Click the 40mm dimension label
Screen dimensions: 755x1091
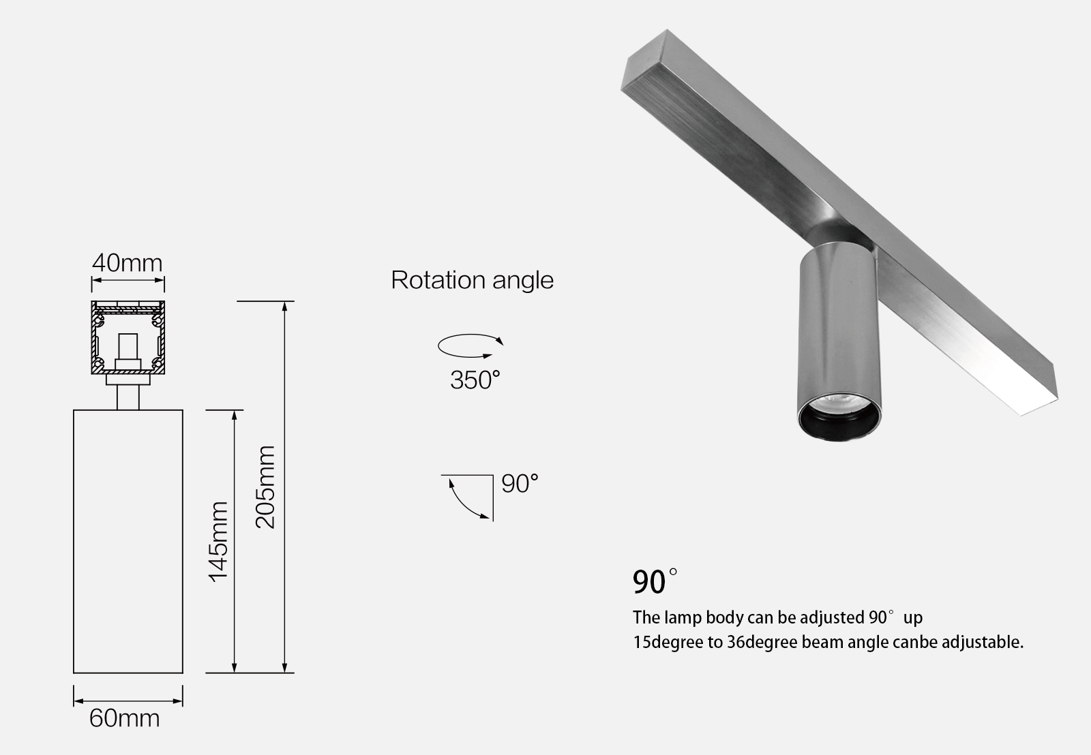pyautogui.click(x=128, y=263)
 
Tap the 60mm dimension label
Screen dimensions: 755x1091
pyautogui.click(x=125, y=718)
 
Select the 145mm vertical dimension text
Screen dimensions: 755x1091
pyautogui.click(x=218, y=541)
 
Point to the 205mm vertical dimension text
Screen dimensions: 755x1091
pyautogui.click(x=265, y=487)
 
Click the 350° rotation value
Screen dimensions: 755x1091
pyautogui.click(x=475, y=380)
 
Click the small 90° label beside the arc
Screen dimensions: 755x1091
pyautogui.click(x=520, y=484)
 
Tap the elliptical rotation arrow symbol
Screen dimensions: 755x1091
pyautogui.click(x=469, y=345)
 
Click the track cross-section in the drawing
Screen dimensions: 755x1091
pyautogui.click(x=128, y=337)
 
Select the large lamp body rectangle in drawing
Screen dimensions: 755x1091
pyautogui.click(x=128, y=541)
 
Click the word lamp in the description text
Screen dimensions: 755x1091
pyautogui.click(x=678, y=617)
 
